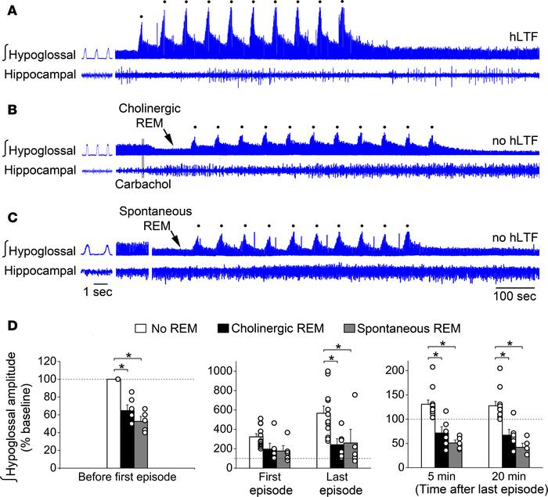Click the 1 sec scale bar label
[x=99, y=292]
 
